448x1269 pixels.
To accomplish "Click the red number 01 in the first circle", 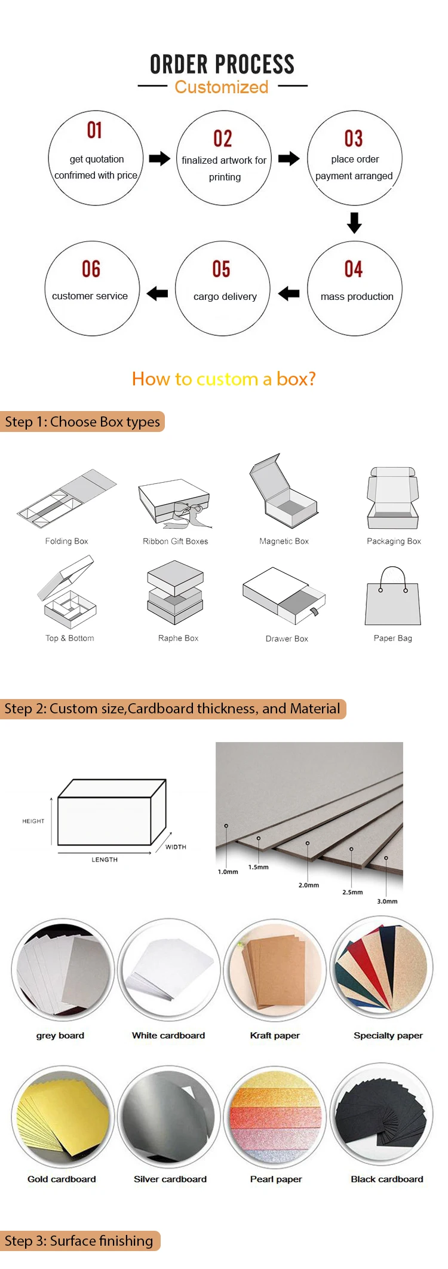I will [x=94, y=130].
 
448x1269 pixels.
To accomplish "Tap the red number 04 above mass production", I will [x=353, y=269].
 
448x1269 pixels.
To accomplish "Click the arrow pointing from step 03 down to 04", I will [x=354, y=222].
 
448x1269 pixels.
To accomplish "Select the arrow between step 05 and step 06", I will [x=157, y=293].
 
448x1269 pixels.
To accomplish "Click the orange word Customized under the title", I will [x=222, y=87].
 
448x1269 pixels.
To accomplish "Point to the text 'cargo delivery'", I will [x=225, y=296].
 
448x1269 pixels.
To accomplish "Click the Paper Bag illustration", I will [x=393, y=597].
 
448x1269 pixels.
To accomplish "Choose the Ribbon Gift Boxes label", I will [x=175, y=541].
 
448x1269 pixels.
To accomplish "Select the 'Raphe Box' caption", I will [x=178, y=638].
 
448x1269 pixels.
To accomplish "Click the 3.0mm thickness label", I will [x=387, y=901].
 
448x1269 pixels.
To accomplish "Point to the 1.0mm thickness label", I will [x=228, y=872].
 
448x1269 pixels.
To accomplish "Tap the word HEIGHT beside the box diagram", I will [x=33, y=821].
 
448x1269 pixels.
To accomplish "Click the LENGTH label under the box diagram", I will [x=105, y=860].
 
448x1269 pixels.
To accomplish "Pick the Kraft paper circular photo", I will [x=275, y=970].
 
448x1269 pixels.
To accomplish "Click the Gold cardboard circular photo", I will [x=63, y=1116].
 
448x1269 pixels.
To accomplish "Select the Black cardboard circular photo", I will [x=382, y=1114].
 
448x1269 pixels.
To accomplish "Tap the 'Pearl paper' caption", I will [x=276, y=1179].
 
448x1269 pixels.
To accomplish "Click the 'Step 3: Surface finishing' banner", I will [x=79, y=1241].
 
